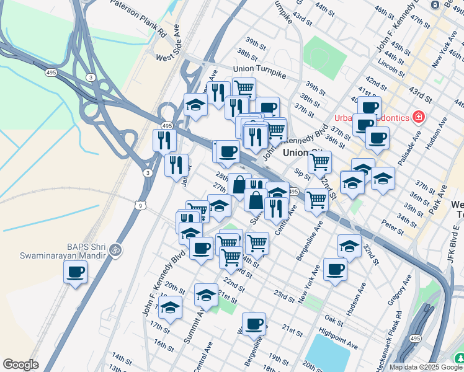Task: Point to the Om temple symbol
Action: [113, 249]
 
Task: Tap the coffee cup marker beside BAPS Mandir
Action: [76, 272]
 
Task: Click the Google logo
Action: [20, 365]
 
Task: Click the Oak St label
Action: [333, 320]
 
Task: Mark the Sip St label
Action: [302, 175]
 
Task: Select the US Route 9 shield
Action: [141, 205]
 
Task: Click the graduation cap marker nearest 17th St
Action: [170, 308]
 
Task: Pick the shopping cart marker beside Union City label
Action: [319, 162]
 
